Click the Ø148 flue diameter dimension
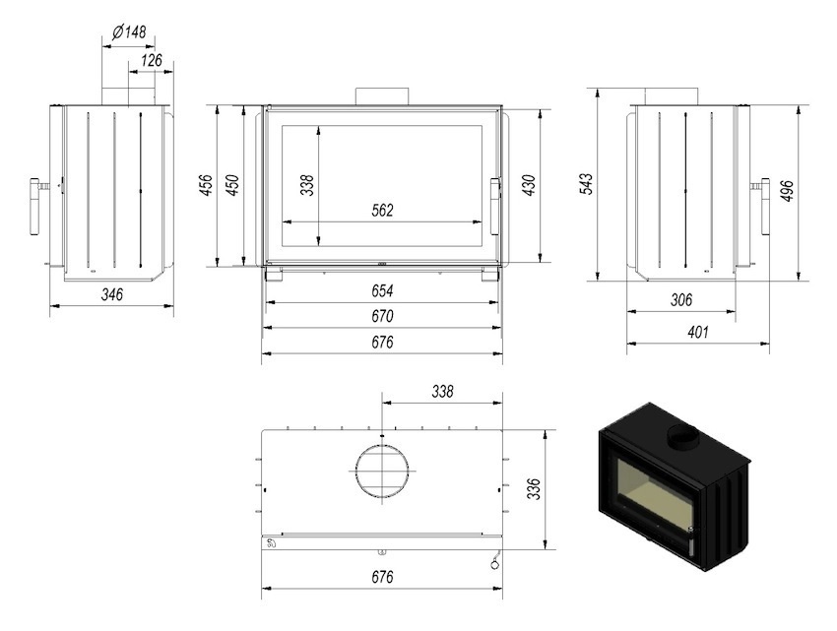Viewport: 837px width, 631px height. click(x=129, y=32)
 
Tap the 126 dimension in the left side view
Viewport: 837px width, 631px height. click(x=151, y=60)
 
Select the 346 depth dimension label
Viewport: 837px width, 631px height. click(x=112, y=294)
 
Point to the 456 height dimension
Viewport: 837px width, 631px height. click(x=206, y=185)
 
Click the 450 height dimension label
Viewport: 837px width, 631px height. click(x=232, y=185)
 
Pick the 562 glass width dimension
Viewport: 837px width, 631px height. click(x=382, y=211)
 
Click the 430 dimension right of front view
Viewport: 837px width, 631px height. click(x=529, y=185)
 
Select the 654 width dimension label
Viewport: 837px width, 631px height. click(x=382, y=291)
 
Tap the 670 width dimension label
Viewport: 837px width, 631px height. click(x=382, y=316)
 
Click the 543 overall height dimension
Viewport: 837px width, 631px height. click(x=586, y=184)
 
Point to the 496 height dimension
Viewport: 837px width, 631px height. click(x=787, y=191)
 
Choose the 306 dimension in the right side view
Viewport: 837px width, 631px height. click(x=681, y=300)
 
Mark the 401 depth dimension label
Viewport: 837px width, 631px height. click(x=698, y=332)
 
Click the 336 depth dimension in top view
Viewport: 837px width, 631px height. click(x=534, y=489)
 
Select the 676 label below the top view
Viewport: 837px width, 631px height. click(x=382, y=577)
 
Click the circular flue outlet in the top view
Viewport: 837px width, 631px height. click(x=382, y=446)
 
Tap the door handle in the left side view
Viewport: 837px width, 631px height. click(x=35, y=207)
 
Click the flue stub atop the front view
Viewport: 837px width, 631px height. click(x=382, y=96)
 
